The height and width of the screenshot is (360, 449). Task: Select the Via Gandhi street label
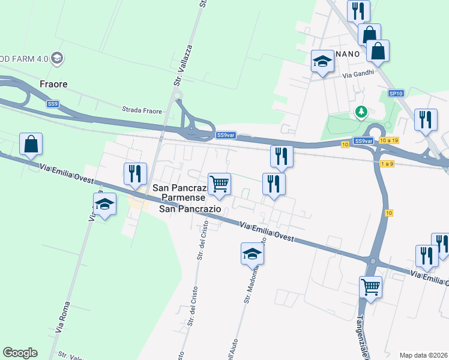[x=358, y=75]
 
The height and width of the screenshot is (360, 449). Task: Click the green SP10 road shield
[x=396, y=94]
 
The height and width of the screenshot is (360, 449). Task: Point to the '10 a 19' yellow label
[x=389, y=140]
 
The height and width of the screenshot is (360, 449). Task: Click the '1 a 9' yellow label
[x=387, y=164]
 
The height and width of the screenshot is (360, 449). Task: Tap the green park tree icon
[x=361, y=111]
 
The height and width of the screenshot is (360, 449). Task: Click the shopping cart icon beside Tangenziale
[x=370, y=287]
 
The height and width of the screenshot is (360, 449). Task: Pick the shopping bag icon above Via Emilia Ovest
[x=31, y=145]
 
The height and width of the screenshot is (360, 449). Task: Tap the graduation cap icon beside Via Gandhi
[x=322, y=61]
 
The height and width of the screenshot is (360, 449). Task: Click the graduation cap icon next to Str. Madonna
[x=252, y=254]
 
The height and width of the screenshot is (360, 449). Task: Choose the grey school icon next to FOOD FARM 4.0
[x=58, y=58]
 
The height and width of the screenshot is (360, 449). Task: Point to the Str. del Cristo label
[x=202, y=239]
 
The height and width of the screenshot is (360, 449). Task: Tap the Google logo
[x=20, y=353]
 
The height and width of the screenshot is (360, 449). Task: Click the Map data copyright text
[x=423, y=355]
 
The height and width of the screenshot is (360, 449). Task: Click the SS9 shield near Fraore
[x=53, y=104]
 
